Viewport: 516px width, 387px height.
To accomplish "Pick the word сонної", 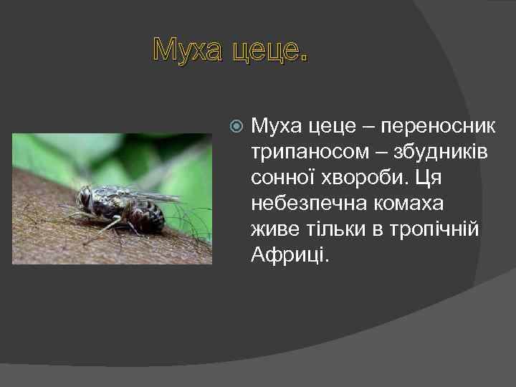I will (282, 176).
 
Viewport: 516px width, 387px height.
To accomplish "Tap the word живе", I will (274, 229).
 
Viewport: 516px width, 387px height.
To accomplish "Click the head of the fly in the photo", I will (85, 198).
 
